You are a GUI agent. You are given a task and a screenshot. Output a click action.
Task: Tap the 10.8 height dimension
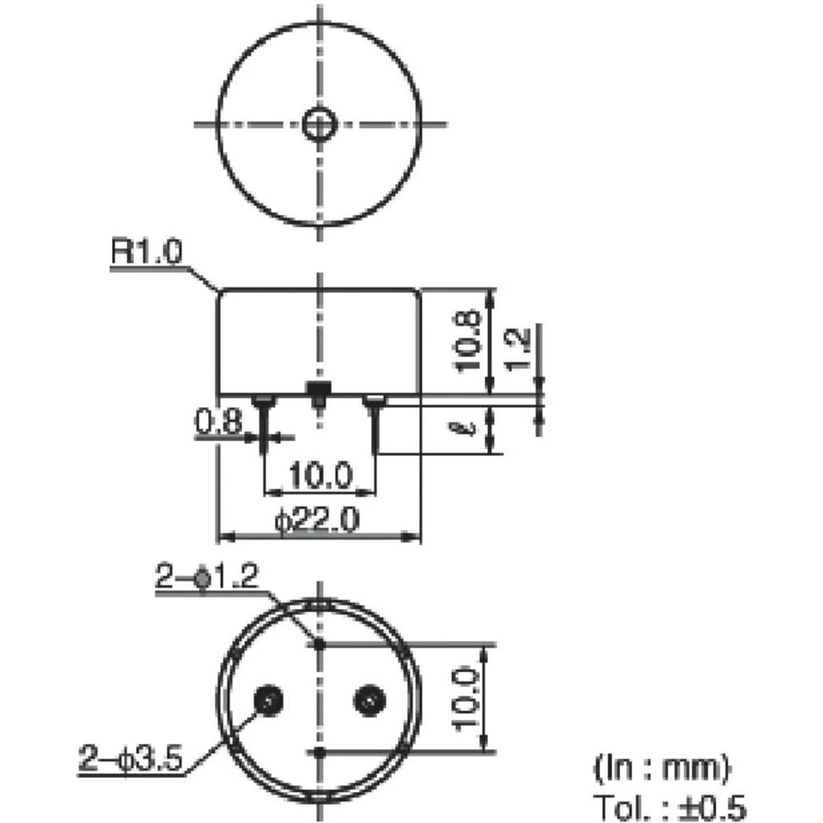click(468, 341)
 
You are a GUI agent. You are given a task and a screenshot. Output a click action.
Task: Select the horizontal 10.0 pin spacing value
click(319, 476)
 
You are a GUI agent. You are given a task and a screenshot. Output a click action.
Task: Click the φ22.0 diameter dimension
click(318, 521)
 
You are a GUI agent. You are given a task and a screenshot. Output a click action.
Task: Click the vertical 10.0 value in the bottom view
click(465, 700)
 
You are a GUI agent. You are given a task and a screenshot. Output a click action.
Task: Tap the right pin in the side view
click(374, 424)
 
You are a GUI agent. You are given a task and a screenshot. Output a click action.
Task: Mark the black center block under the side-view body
click(317, 388)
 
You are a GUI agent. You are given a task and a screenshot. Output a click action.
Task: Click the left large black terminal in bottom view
click(268, 700)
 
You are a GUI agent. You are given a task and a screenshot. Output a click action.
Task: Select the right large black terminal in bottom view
click(368, 700)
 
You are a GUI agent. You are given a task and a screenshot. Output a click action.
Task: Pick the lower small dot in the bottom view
click(319, 751)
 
